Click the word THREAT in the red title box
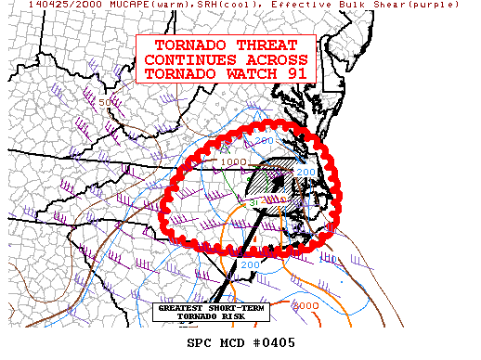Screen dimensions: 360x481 [263, 45]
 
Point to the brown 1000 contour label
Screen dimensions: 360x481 [234, 161]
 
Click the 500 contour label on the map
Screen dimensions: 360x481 [115, 102]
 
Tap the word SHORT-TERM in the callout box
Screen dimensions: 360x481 [237, 308]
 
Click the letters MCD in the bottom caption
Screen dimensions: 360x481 [234, 342]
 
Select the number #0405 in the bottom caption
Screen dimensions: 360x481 [276, 342]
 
